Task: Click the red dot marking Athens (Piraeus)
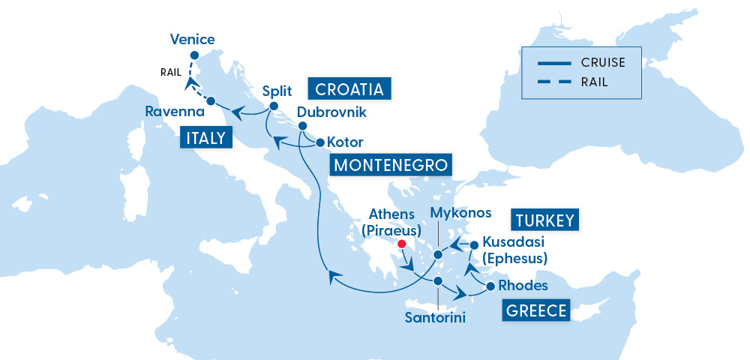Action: click(402, 244)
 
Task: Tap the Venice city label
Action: click(193, 39)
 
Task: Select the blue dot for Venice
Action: click(193, 55)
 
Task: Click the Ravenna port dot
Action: click(211, 100)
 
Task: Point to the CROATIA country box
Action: click(349, 89)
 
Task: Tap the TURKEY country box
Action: click(545, 220)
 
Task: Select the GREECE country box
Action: click(536, 310)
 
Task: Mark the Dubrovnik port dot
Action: click(301, 127)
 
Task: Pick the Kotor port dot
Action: click(319, 142)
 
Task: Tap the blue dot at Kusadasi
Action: click(473, 244)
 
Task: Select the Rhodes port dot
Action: click(490, 286)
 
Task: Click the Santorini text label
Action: click(435, 318)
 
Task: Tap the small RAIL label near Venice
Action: click(172, 72)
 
